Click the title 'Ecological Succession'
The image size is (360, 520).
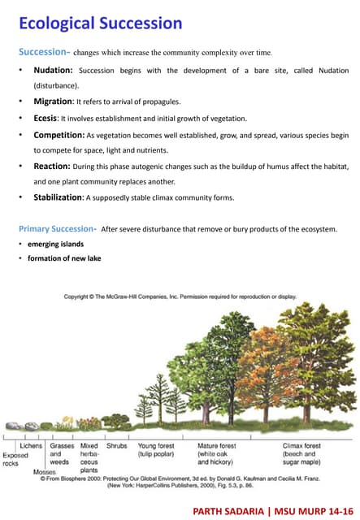[x=100, y=24]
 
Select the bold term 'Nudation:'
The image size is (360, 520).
[x=53, y=71]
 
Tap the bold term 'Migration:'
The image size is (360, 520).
[x=53, y=102]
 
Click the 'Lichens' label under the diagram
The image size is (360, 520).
[x=31, y=446]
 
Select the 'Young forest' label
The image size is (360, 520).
[x=158, y=446]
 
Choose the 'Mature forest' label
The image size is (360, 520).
[x=217, y=446]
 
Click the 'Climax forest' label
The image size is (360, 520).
[x=301, y=446]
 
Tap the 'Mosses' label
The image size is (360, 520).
[x=45, y=471]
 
